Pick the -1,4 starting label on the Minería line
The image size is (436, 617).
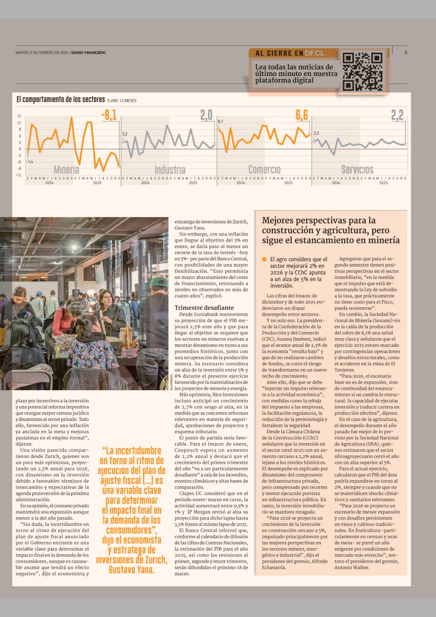30,162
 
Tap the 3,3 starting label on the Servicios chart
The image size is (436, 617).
316,133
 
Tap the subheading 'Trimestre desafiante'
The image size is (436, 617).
204,308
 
